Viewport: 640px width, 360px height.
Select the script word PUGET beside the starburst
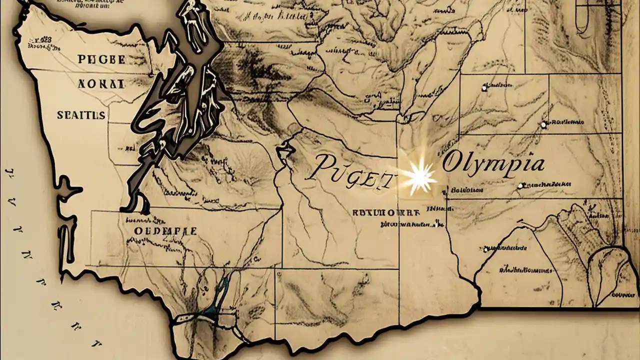coord(348,172)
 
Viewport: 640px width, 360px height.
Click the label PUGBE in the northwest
coord(101,59)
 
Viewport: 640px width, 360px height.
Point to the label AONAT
coord(101,84)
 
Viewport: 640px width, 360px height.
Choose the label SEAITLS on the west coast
coord(81,115)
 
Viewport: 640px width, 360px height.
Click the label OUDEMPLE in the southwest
coord(165,231)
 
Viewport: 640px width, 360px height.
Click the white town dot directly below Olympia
coord(520,185)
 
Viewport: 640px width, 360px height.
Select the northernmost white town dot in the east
coord(484,88)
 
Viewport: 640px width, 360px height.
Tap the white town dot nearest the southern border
coord(485,249)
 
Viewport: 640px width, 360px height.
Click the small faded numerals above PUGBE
coord(42,39)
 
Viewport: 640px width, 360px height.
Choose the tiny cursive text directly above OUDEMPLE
coord(145,219)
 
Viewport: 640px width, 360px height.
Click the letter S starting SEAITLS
coord(60,115)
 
